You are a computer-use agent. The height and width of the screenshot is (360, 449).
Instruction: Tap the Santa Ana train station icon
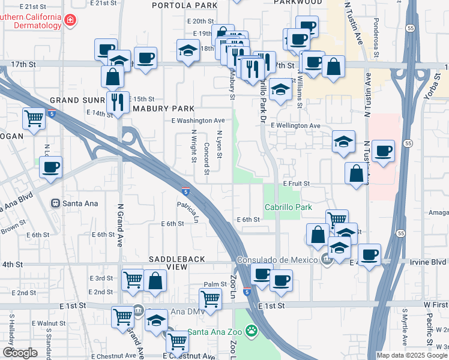coord(56,203)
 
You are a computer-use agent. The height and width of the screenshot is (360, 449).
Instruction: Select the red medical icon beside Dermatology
coord(71,20)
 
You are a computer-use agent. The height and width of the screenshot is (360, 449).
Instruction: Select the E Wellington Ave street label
coord(295,125)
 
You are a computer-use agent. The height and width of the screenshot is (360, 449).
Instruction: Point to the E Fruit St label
coord(296,183)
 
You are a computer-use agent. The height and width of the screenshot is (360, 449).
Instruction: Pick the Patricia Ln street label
coord(188,212)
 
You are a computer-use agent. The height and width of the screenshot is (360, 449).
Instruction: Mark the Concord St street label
coord(206,159)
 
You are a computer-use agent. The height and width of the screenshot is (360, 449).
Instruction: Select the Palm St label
coord(214,284)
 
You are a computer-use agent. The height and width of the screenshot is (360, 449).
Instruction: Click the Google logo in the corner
coord(20,353)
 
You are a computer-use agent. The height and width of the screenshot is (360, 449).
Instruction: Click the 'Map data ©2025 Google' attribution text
coord(411,355)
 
